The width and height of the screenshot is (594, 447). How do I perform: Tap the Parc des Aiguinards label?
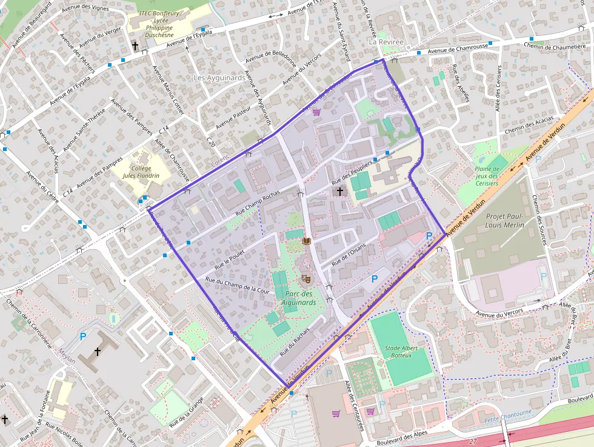[x=299, y=298]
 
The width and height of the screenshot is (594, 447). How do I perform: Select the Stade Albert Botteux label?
[x=398, y=352]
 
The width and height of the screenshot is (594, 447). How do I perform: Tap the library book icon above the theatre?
[x=306, y=242]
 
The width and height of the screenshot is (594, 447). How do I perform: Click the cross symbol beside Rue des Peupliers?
[x=340, y=192]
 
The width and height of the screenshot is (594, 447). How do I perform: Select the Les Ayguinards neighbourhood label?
[x=219, y=78]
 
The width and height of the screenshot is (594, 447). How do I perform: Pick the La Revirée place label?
[x=385, y=42]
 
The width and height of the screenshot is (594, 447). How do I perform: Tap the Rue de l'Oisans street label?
[x=350, y=259]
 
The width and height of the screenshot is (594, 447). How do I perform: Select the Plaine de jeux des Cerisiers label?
[x=486, y=176]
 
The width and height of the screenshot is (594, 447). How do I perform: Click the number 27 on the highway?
[x=473, y=442]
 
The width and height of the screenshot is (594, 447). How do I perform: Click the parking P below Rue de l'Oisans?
[x=375, y=278]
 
